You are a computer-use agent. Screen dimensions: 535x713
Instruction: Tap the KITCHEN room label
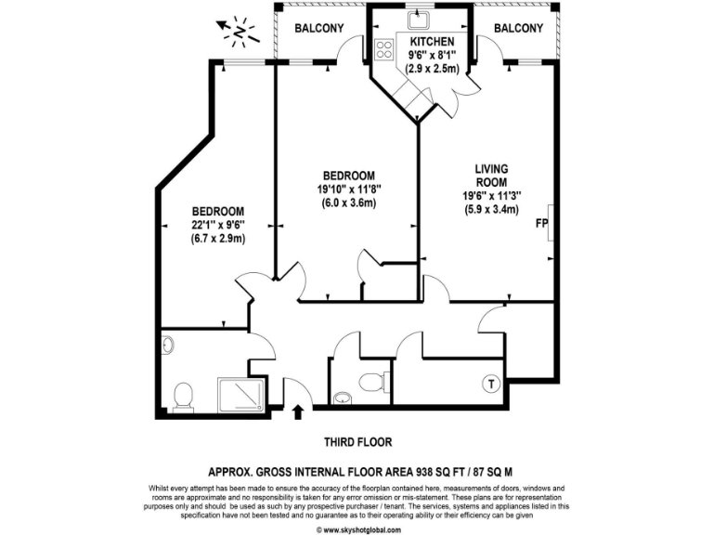pyautogui.click(x=432, y=42)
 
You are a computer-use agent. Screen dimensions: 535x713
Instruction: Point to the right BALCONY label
pyautogui.click(x=518, y=28)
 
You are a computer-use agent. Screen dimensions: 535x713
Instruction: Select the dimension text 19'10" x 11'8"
pyautogui.click(x=348, y=189)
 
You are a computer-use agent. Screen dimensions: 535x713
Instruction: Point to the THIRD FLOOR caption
pyautogui.click(x=356, y=441)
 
